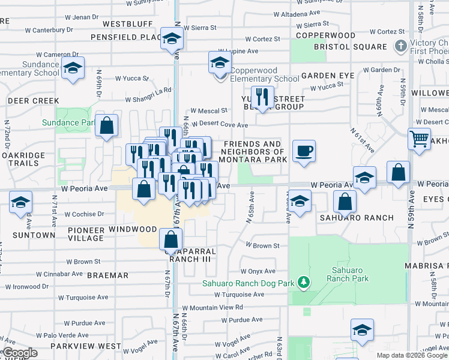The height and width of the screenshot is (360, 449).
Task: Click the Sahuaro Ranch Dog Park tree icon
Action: (x=304, y=282)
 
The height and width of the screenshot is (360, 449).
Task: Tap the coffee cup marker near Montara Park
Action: (x=304, y=151)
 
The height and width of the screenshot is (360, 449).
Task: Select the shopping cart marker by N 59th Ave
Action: (x=419, y=139)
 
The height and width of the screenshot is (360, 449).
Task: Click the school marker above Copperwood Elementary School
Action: (x=220, y=62)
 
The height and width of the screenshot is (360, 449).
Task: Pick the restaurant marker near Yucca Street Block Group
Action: (x=262, y=97)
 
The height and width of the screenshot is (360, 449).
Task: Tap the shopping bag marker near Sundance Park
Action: (x=106, y=125)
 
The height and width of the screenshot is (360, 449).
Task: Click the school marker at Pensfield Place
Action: (x=172, y=38)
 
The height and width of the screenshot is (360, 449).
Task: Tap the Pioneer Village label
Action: (x=85, y=234)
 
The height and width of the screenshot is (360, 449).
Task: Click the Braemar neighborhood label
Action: (x=107, y=275)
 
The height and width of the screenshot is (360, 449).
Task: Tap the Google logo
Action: (x=20, y=353)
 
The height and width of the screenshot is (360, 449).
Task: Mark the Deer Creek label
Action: (x=33, y=101)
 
